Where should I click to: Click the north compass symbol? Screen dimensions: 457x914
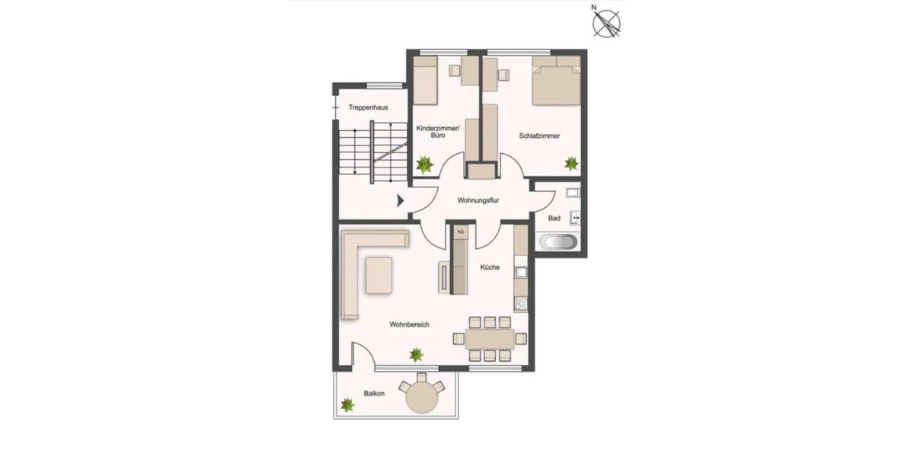click(606, 22)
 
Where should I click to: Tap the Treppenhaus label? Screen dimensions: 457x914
click(368, 108)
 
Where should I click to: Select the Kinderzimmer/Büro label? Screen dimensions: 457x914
click(437, 132)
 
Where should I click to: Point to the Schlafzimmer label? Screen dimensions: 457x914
click(539, 136)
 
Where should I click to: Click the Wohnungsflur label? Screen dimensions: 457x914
click(478, 201)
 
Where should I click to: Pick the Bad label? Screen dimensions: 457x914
click(554, 219)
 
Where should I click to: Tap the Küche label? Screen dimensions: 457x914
click(490, 267)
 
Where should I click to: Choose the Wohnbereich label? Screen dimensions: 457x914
click(409, 324)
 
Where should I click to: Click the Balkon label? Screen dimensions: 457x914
click(373, 393)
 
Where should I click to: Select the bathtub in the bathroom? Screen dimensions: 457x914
click(558, 243)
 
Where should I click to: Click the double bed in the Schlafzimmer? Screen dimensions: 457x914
click(555, 81)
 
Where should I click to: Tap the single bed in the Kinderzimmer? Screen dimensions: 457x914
click(425, 83)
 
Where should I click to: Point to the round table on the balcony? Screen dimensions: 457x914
click(421, 397)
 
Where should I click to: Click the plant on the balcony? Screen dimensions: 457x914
click(347, 405)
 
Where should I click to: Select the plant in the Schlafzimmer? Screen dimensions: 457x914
click(570, 163)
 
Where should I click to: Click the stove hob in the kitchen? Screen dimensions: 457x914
click(521, 303)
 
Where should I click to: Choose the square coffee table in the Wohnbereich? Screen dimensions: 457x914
click(379, 275)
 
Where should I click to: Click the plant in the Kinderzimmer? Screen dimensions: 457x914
click(424, 164)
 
